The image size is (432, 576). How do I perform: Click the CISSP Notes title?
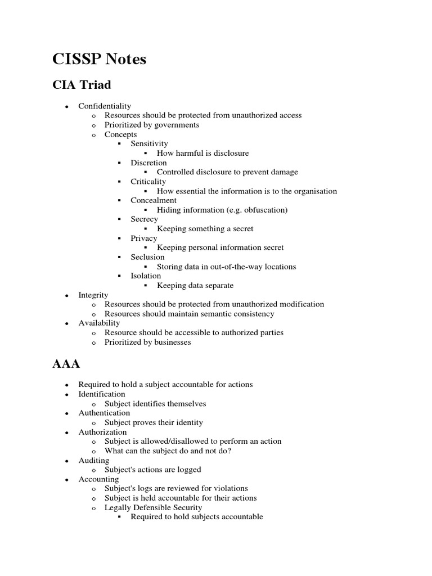point(100,59)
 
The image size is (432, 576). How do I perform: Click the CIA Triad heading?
point(82,85)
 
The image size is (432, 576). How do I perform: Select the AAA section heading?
point(66,363)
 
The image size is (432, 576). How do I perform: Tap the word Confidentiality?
point(105,106)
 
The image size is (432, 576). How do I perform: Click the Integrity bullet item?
point(93,295)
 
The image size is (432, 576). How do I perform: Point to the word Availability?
point(99,323)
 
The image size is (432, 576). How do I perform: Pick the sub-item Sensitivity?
point(149,143)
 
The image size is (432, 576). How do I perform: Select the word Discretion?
point(148,163)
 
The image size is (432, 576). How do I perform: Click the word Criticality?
point(148,181)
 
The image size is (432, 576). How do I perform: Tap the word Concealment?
point(153,200)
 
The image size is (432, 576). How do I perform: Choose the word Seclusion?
point(147,257)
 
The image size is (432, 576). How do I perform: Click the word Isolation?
point(146,276)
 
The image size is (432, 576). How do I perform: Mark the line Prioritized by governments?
point(152,125)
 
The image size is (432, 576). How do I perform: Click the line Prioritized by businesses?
point(147,342)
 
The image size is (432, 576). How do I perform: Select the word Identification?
point(102,394)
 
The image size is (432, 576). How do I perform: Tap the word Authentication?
point(104,413)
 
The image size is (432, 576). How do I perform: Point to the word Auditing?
point(94,460)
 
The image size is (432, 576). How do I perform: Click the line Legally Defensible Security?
point(153,507)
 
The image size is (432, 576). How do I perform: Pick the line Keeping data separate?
point(195,285)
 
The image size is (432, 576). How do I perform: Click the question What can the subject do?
point(168,451)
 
